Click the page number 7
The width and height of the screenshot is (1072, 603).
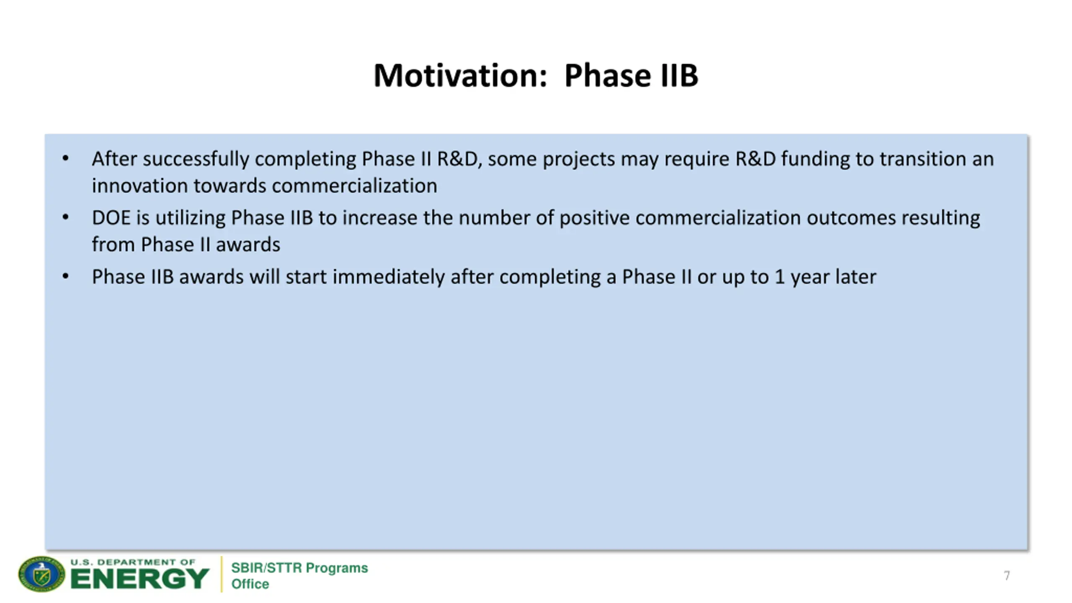click(x=1007, y=575)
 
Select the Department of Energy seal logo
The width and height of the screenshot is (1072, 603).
click(x=41, y=574)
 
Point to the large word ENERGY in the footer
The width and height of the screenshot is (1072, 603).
click(x=139, y=579)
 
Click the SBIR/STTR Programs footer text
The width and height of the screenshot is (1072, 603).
click(x=299, y=568)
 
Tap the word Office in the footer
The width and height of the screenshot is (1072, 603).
click(x=250, y=584)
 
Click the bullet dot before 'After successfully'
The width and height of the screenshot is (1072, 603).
click(x=65, y=158)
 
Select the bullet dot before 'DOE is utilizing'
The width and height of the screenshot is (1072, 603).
click(x=65, y=217)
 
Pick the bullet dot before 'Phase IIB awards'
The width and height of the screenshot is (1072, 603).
click(x=65, y=276)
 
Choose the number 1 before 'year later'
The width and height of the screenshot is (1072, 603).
click(x=779, y=277)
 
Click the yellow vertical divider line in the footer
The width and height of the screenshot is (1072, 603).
click(x=222, y=574)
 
